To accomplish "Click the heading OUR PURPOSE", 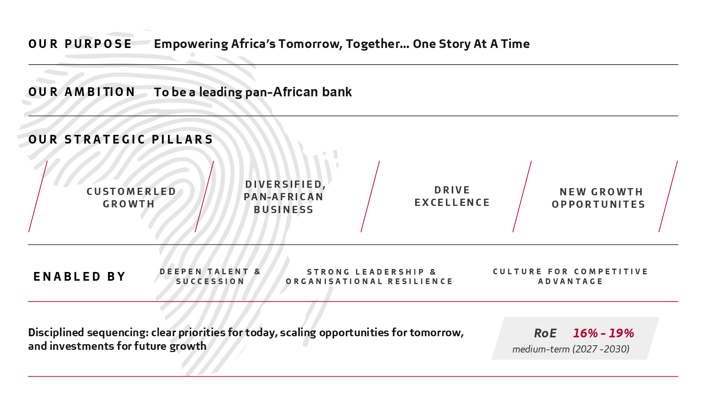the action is [80, 44].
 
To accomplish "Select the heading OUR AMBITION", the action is [81, 92].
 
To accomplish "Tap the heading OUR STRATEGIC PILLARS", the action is [121, 139].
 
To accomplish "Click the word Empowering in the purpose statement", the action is [191, 44].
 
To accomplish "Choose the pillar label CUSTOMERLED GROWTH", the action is [131, 198].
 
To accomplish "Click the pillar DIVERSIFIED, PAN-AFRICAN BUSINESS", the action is [285, 197].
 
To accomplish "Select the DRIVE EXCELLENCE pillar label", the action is [452, 196].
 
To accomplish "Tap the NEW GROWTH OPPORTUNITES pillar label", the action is [598, 198].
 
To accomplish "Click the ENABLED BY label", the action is [79, 277].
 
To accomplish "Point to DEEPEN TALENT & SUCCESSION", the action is [210, 277].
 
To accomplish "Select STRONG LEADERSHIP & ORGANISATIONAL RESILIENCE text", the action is [369, 277].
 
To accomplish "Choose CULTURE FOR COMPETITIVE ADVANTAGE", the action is [570, 277].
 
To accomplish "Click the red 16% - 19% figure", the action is [603, 333].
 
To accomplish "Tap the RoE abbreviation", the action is [545, 333].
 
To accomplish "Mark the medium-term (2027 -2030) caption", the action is [571, 349].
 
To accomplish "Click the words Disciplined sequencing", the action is [88, 333].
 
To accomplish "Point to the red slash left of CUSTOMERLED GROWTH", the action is [38, 196].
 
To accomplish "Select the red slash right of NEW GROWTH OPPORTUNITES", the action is [668, 196].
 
